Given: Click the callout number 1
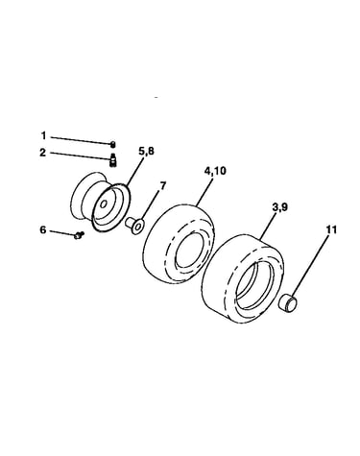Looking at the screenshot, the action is coord(43,136).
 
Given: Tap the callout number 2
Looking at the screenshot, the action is coord(43,153).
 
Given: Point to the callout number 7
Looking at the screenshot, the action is coord(163,185).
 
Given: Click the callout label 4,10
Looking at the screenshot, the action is coord(215,171).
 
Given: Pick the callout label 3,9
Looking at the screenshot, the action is coord(280,207).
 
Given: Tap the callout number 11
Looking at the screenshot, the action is coord(332,229).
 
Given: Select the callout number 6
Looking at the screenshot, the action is coord(43,229).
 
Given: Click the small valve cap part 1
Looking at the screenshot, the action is coord(112,145).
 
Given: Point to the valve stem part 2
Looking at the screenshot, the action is coord(112,159).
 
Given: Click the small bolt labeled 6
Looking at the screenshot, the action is coord(79,235).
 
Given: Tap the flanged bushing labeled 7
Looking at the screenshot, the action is coord(134,225).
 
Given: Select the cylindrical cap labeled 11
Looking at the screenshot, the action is coord(288,302).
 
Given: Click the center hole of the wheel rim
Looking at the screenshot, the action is coord(104,204).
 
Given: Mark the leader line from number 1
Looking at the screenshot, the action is coord(81,141).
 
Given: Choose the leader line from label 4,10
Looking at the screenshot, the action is coord(203,191).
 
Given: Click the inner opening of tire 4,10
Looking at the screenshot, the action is coord(190,252).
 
